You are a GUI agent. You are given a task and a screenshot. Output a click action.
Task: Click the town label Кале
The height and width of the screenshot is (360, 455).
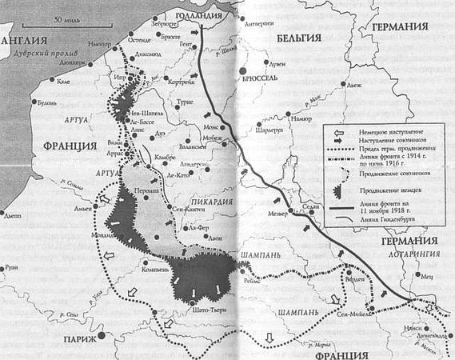tap(63, 80)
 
